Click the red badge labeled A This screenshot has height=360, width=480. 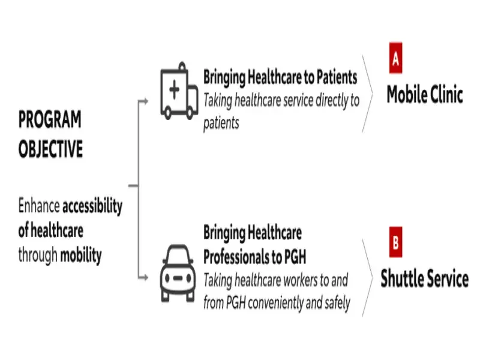[x=395, y=58]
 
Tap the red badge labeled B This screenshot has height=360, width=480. [x=395, y=242]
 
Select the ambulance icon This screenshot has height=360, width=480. [x=179, y=91]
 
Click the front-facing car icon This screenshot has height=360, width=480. [x=178, y=274]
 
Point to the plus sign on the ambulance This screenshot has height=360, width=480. [x=174, y=89]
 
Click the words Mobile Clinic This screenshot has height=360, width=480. [x=425, y=94]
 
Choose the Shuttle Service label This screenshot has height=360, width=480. [x=425, y=278]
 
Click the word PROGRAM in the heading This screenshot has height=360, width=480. [x=50, y=119]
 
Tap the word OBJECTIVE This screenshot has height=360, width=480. [x=50, y=149]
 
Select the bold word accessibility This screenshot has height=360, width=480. [x=92, y=206]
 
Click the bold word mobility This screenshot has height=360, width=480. [x=81, y=256]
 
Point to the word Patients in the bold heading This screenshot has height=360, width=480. [x=337, y=77]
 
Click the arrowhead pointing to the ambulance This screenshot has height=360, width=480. [x=146, y=101]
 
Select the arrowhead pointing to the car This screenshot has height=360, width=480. [x=146, y=278]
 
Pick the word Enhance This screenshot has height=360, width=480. [x=39, y=205]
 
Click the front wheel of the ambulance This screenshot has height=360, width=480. [x=167, y=113]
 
